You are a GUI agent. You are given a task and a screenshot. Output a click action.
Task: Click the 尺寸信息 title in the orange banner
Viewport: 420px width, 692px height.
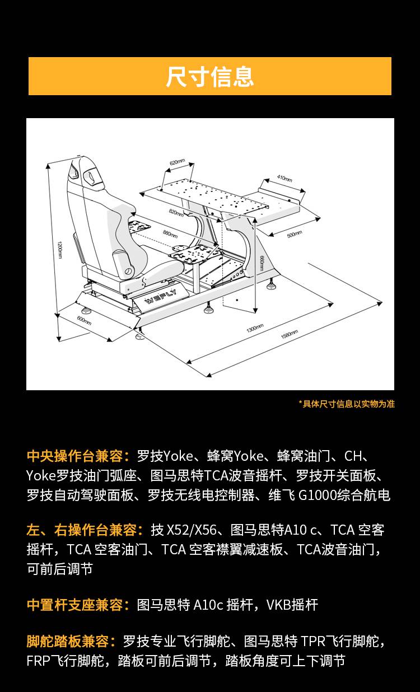pyautogui.click(x=210, y=77)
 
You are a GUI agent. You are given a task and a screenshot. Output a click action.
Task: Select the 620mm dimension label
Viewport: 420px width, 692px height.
pyautogui.click(x=178, y=162)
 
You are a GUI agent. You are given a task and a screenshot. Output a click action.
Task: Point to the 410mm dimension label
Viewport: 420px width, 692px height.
pyautogui.click(x=284, y=179)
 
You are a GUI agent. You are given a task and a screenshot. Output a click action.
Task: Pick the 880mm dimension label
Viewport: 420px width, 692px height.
pyautogui.click(x=171, y=232)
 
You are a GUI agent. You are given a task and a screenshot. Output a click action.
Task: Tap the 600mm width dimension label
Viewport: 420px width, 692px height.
pyautogui.click(x=84, y=321)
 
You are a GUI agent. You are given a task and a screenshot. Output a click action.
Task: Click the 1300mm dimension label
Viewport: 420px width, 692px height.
pyautogui.click(x=255, y=328)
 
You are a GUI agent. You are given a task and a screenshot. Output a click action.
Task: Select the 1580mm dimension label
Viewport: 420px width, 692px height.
pyautogui.click(x=289, y=335)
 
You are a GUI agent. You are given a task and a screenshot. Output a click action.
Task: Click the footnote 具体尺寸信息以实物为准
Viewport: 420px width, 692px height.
pyautogui.click(x=347, y=404)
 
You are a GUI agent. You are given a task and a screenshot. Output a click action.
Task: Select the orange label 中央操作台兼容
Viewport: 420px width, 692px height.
pyautogui.click(x=78, y=456)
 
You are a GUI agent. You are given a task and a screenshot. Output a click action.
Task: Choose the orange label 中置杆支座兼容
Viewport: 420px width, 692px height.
pyautogui.click(x=78, y=605)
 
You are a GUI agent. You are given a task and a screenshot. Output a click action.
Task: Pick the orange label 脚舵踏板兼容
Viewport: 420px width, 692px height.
pyautogui.click(x=71, y=641)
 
